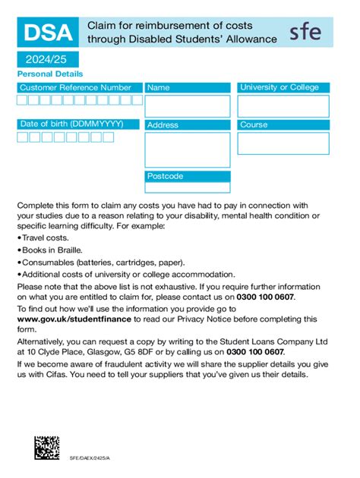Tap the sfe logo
305,33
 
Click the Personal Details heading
50,74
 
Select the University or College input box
283,105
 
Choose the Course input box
283,143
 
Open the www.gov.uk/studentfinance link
66,320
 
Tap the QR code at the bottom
47,448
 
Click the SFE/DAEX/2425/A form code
90,458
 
